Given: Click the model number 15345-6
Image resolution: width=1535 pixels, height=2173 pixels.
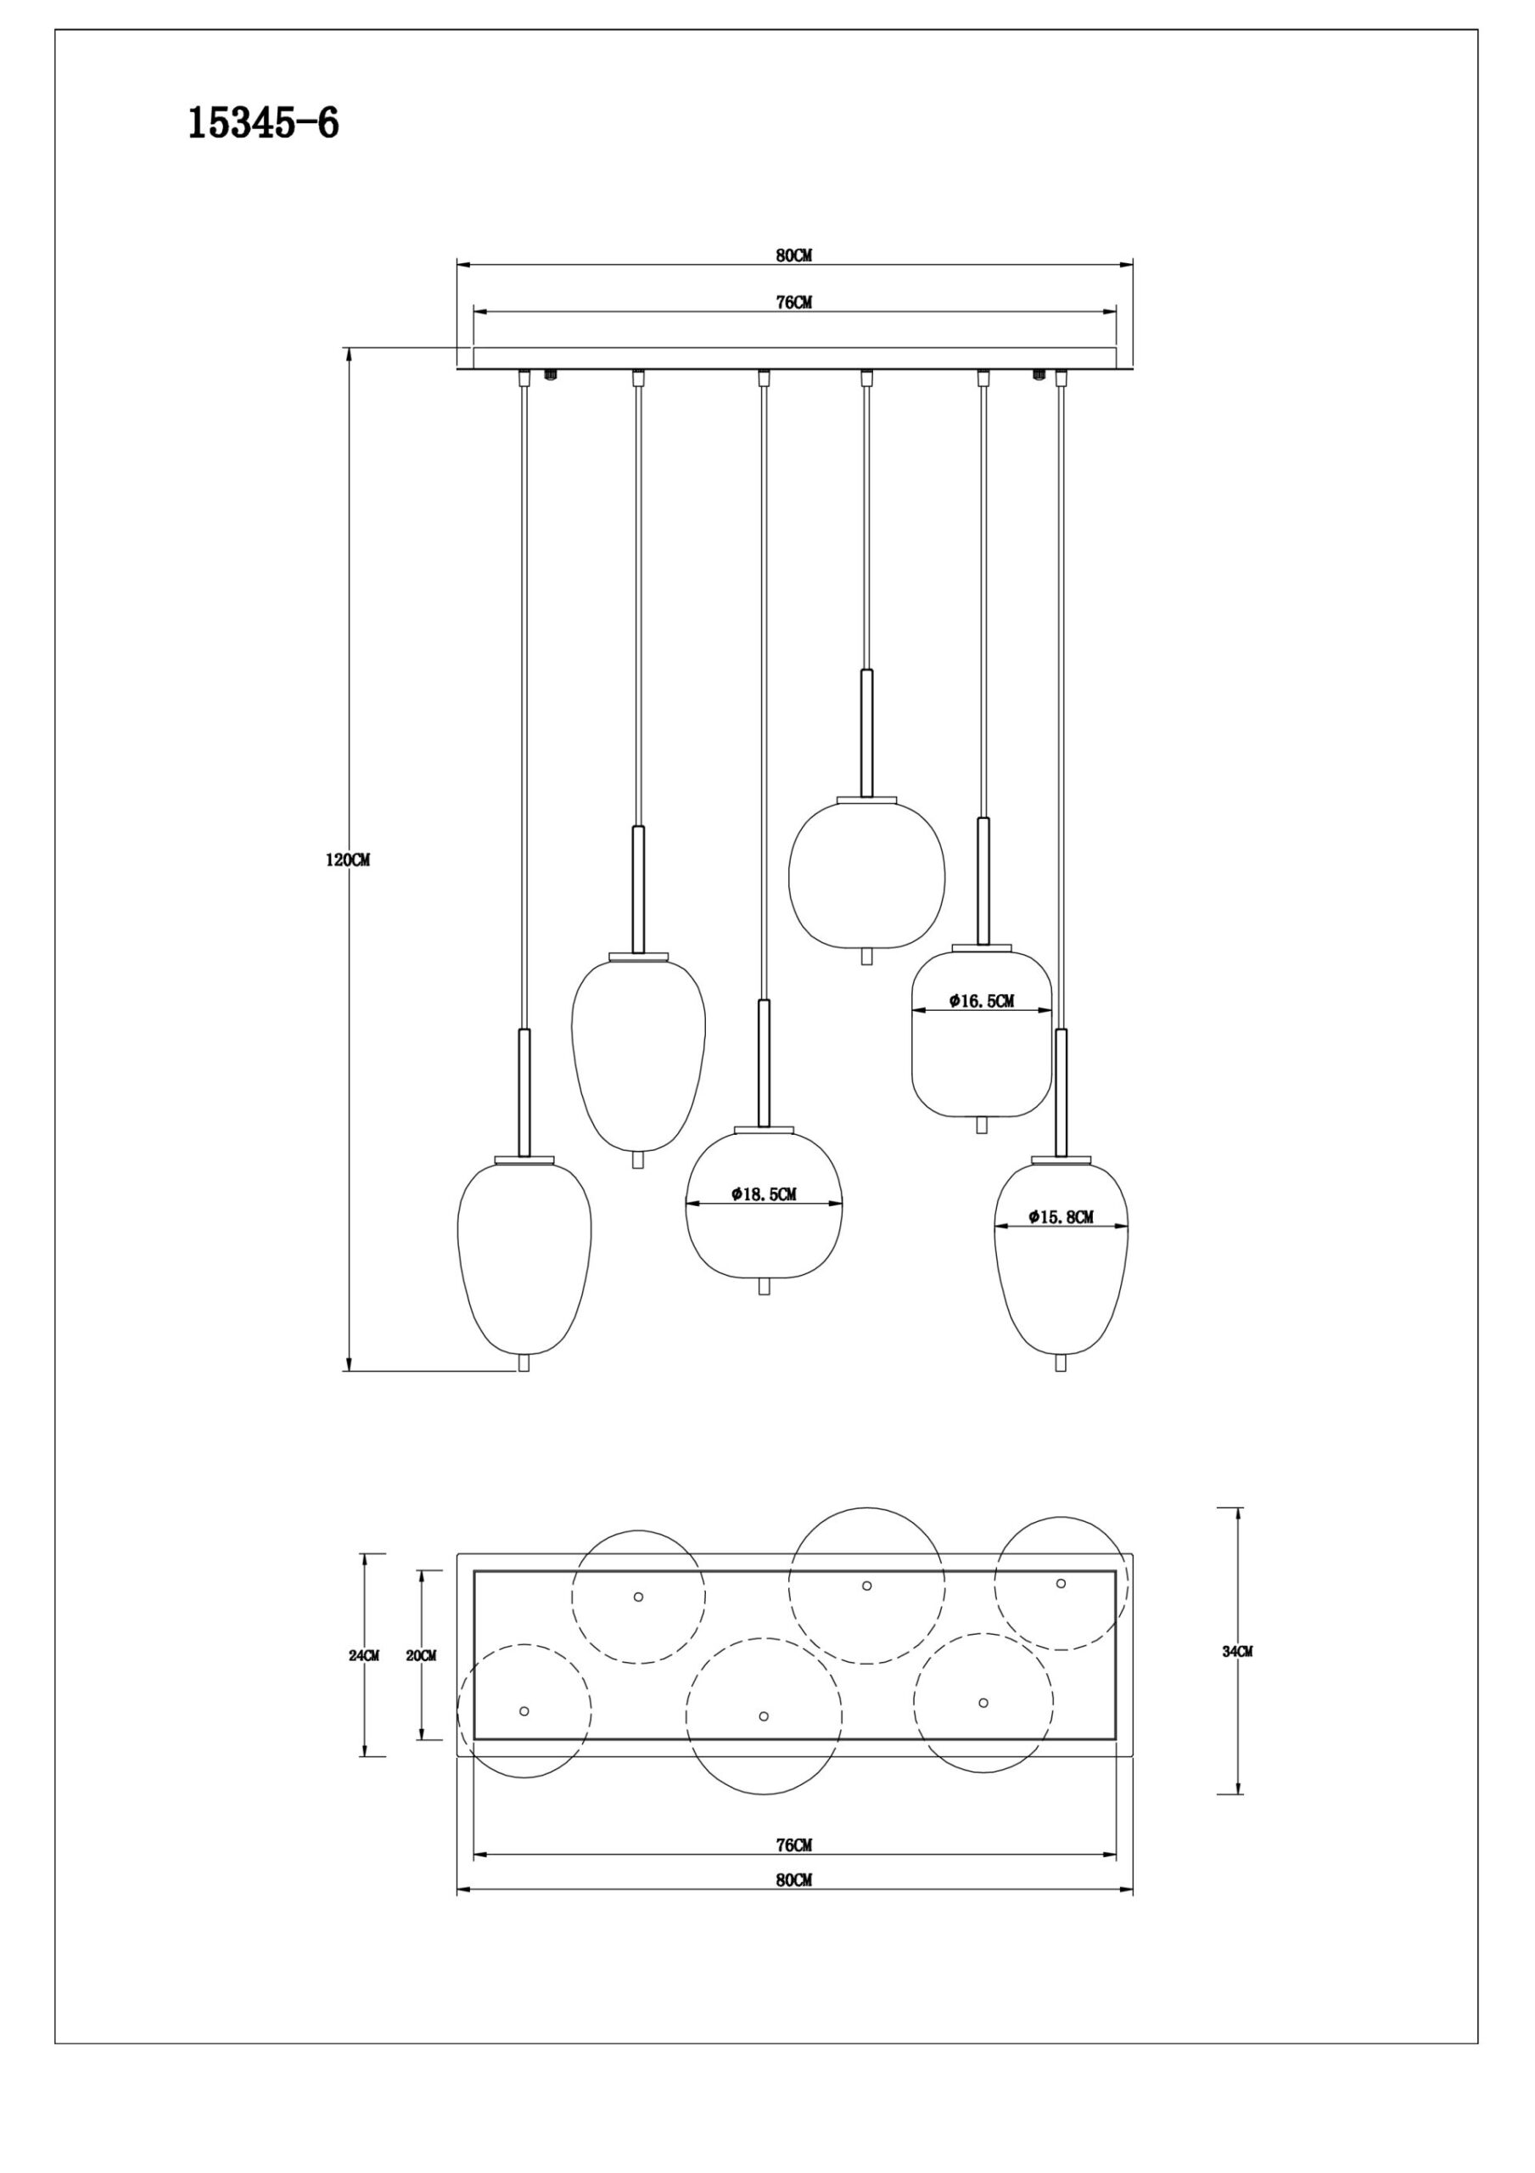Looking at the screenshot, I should [263, 124].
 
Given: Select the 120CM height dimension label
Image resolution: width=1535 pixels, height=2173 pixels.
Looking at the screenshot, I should [347, 861].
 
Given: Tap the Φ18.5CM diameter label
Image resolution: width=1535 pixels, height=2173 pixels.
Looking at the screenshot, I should [764, 1194].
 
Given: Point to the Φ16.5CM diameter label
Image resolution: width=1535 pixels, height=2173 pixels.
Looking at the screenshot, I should [982, 1001].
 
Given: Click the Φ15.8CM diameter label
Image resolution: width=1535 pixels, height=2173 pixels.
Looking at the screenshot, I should [1061, 1217].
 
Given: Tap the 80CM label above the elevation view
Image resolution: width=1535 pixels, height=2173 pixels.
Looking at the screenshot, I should [794, 255].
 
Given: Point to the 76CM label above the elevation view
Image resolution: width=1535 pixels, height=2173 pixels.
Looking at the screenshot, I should [794, 303].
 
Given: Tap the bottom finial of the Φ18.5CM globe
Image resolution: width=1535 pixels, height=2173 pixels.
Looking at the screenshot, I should [764, 1286].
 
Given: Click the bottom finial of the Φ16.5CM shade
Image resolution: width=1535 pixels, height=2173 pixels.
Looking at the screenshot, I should [982, 1126].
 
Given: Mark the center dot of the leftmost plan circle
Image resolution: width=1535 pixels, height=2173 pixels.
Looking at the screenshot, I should [524, 1711].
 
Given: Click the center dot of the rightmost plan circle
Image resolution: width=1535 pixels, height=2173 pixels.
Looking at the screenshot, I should [1061, 1583].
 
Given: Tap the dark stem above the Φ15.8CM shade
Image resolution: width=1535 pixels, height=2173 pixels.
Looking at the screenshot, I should [1061, 1092].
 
